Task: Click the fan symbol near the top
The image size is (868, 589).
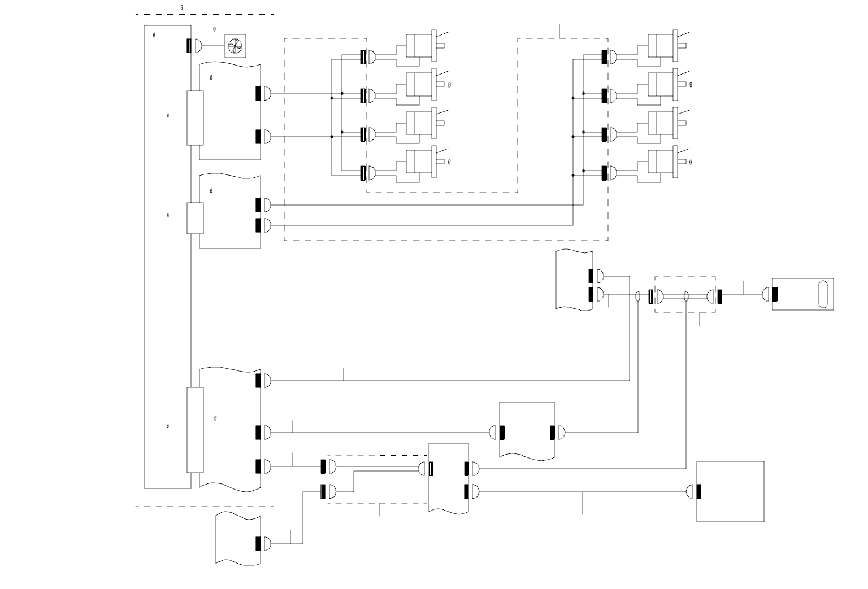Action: point(236,46)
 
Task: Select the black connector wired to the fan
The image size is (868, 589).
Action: point(189,45)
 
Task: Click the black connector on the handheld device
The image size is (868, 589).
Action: point(775,294)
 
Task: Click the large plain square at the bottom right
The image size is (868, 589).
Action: point(730,491)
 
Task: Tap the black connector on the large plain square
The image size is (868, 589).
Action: point(699,492)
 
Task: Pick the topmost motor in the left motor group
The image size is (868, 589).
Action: point(419,46)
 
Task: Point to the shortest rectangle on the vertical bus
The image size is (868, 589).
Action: point(195,218)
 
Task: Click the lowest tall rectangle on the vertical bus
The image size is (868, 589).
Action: point(195,430)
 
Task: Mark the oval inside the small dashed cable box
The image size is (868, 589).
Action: point(686,296)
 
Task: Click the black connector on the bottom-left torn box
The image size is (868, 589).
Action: point(258,544)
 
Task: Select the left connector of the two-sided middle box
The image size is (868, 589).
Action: point(502,433)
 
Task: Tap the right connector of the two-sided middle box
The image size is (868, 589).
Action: point(553,433)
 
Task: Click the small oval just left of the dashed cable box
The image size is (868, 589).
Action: point(638,296)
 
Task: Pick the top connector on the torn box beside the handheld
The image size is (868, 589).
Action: point(591,276)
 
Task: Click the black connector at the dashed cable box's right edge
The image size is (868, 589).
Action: point(719,296)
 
